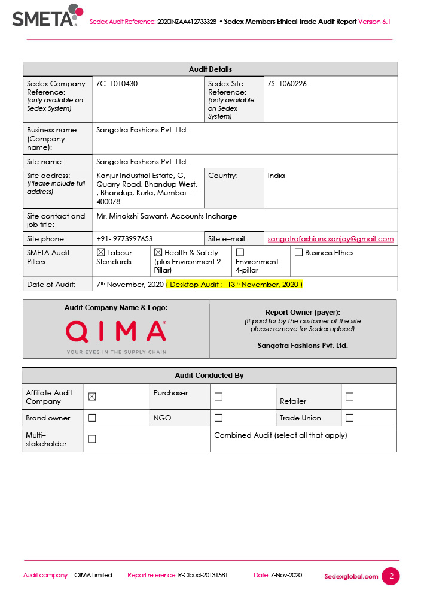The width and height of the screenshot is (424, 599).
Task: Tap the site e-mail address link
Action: point(330,239)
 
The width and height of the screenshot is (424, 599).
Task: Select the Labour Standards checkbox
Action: point(100,253)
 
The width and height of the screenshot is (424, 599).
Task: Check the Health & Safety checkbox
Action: point(158,253)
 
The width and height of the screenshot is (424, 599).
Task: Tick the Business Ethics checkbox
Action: point(298,253)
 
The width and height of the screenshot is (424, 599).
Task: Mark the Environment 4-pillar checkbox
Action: point(240,253)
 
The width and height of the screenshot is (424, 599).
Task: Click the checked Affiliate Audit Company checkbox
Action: point(92,397)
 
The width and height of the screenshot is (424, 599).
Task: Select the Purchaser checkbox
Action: point(218,397)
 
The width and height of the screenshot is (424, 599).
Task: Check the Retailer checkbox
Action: point(349,397)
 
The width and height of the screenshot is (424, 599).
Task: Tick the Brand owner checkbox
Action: point(92,418)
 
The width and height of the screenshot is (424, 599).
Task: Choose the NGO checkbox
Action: point(218,418)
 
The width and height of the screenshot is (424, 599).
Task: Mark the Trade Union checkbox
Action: point(349,418)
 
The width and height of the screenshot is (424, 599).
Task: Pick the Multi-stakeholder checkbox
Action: point(92,439)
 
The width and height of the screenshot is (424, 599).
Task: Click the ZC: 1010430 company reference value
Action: point(117,84)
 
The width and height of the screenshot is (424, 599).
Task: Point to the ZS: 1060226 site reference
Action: point(287,84)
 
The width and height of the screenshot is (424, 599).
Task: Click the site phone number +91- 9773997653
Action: point(124,239)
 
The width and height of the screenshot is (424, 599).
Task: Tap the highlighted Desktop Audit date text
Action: point(234,284)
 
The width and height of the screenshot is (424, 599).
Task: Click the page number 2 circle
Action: point(391,576)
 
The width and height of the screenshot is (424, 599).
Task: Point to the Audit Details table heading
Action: point(211,69)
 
